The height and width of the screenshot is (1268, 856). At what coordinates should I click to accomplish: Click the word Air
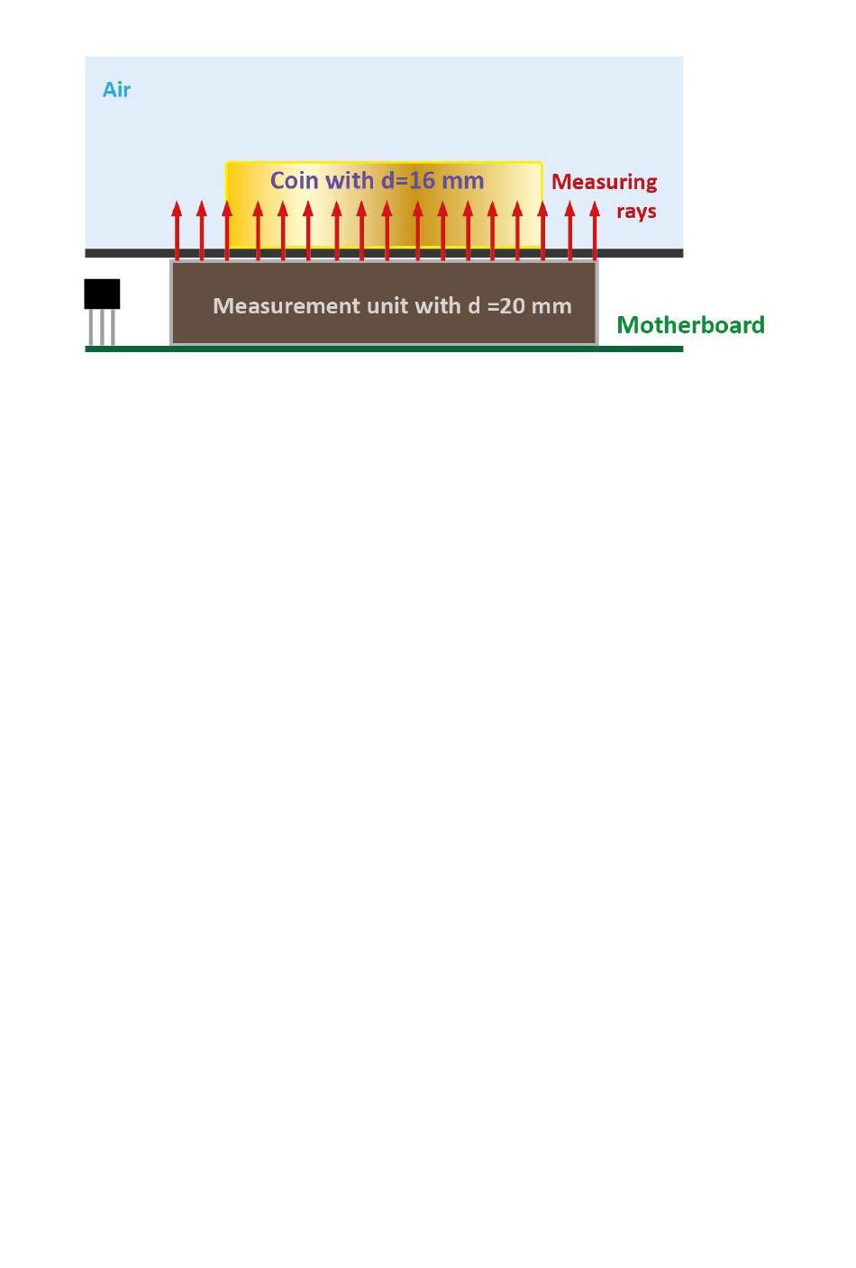(116, 89)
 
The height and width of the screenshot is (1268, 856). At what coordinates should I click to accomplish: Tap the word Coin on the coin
(294, 180)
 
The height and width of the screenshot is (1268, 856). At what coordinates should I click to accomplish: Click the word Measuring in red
(604, 182)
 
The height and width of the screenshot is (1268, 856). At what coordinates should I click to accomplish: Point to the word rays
(636, 211)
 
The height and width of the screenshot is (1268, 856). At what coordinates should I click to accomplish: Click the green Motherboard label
(690, 324)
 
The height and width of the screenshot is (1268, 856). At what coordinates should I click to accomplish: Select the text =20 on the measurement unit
(506, 305)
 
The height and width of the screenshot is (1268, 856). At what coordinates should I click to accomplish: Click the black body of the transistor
(102, 294)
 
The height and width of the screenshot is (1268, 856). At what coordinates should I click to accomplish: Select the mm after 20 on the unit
(551, 305)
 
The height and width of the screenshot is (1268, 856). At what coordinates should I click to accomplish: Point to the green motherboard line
(384, 349)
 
